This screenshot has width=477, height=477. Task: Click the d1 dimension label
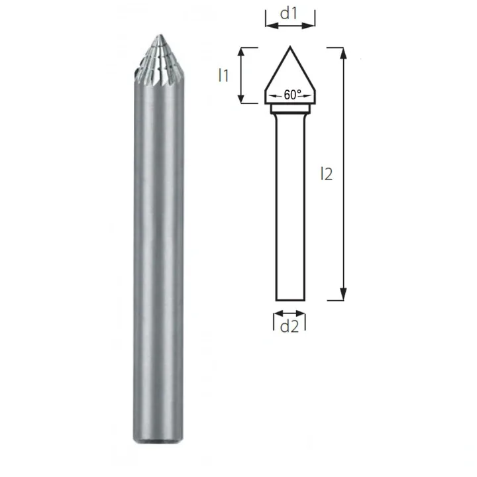290,13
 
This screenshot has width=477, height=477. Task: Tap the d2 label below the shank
290,326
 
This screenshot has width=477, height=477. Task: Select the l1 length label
224,76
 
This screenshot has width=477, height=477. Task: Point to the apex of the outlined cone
290,47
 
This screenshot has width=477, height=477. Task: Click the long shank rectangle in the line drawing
290,205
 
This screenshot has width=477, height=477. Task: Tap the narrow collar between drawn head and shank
290,110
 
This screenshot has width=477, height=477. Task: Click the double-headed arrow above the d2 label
290,313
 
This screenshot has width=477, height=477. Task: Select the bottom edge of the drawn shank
290,299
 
